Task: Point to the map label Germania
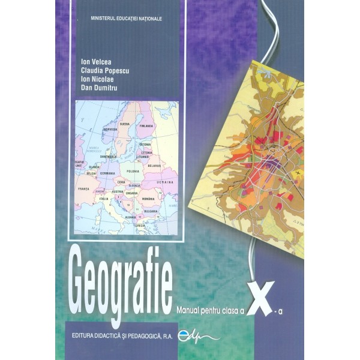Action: coord(107,173)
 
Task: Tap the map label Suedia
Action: coord(125,124)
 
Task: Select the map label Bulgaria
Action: coord(149,211)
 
